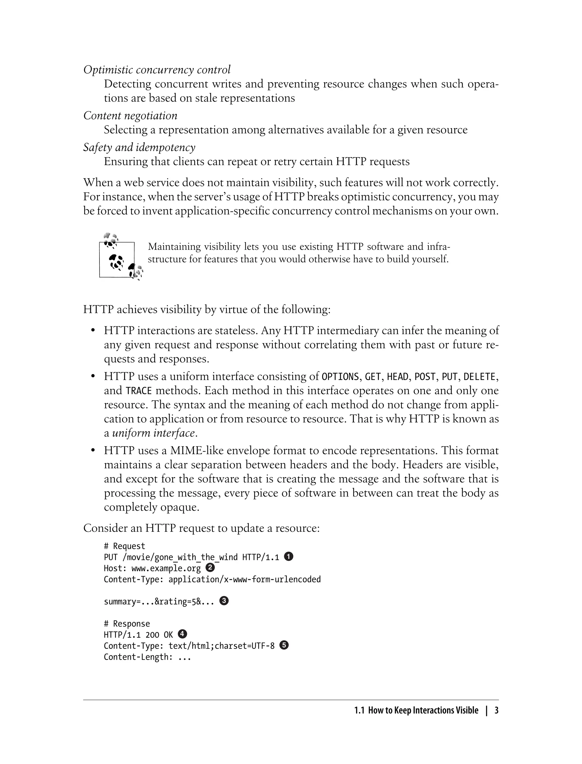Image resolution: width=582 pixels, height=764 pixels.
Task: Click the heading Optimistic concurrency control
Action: [x=157, y=70]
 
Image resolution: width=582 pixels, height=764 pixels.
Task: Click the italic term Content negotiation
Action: [x=130, y=115]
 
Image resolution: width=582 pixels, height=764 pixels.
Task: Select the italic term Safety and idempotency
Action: [x=139, y=147]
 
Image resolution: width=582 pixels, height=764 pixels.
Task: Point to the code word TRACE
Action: [x=139, y=391]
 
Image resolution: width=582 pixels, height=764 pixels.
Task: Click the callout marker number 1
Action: [x=288, y=557]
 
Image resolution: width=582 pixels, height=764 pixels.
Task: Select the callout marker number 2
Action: [x=210, y=568]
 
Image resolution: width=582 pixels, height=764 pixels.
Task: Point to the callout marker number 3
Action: [x=224, y=601]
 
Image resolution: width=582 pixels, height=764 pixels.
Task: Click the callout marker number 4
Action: [x=182, y=634]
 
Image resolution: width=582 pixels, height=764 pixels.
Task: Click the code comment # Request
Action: [x=124, y=546]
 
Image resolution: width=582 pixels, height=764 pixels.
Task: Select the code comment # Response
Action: [x=127, y=624]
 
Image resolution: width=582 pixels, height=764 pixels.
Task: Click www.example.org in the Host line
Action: [x=166, y=568]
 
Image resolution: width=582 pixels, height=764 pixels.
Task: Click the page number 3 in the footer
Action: [x=496, y=711]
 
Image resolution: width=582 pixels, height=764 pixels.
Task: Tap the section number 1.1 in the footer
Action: [x=359, y=711]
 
